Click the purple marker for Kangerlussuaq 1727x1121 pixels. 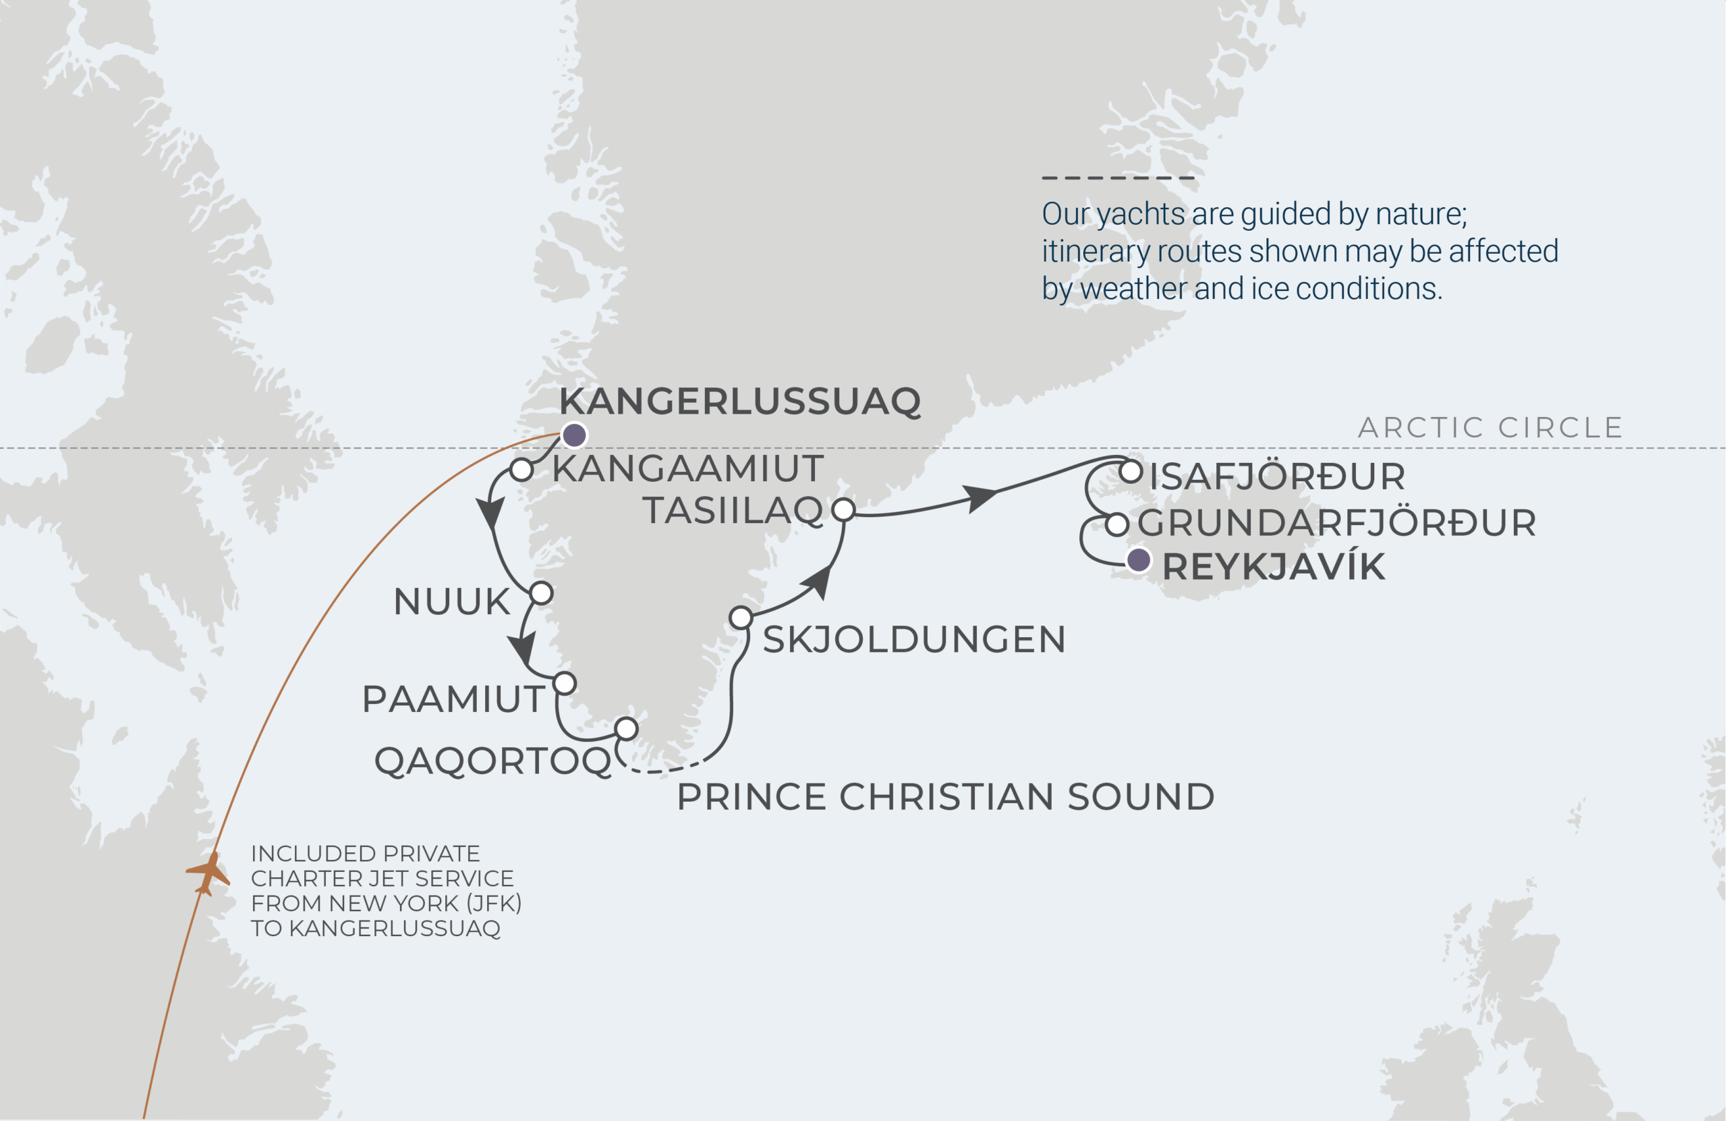(574, 435)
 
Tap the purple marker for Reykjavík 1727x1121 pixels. (1138, 559)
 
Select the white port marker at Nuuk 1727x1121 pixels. (541, 593)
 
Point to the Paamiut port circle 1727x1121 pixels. (565, 683)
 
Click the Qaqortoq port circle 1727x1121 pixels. (626, 728)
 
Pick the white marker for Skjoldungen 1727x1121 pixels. (740, 618)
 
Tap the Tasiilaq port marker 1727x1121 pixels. (843, 510)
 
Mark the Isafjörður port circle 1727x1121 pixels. (1131, 472)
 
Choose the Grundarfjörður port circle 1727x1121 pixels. (1116, 524)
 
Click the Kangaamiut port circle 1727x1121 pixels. (521, 469)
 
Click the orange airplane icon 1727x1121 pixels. (208, 873)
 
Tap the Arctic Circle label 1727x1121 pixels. (1490, 428)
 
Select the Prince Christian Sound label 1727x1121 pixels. (944, 797)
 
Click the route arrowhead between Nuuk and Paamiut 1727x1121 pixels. (522, 648)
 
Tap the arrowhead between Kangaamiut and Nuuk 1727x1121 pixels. (491, 514)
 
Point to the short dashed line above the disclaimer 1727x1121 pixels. (1117, 177)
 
